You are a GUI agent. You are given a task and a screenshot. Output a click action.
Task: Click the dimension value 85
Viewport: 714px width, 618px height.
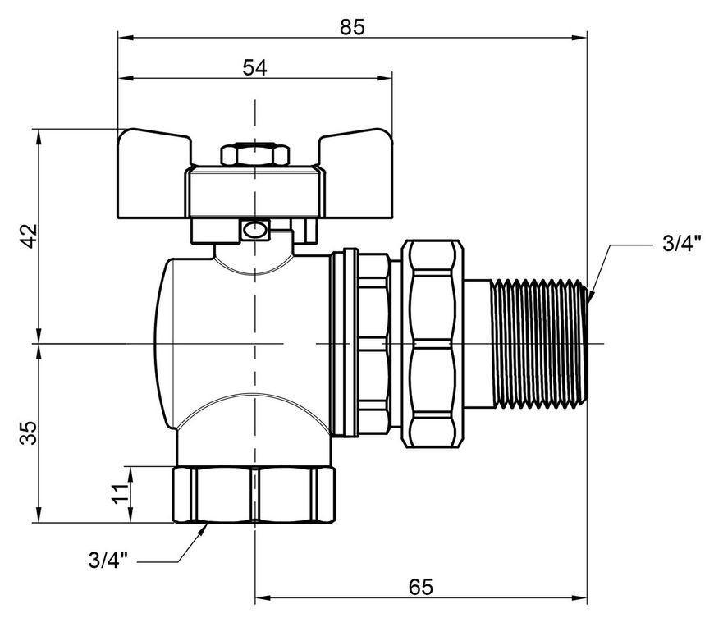point(352,27)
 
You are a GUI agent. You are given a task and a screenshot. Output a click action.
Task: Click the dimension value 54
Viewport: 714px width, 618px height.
point(254,68)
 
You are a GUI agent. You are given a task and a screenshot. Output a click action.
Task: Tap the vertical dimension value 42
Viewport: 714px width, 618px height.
point(29,236)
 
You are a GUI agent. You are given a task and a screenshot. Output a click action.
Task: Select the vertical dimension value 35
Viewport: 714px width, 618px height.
point(29,433)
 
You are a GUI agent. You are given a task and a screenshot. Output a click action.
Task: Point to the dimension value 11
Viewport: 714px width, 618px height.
point(121,493)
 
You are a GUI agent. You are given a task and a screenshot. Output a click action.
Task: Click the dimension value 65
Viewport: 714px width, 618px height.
point(420,587)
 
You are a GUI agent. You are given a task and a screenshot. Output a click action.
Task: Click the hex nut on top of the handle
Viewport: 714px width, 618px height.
point(255,155)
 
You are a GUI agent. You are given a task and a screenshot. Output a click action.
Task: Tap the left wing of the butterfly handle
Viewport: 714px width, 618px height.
point(153,173)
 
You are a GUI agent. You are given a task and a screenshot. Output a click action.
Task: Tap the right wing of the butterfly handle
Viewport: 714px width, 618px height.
point(355,173)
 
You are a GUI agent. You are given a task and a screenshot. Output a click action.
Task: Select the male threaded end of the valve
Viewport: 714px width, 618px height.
point(538,343)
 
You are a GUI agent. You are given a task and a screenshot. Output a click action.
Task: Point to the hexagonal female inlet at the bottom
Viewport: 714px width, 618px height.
point(254,495)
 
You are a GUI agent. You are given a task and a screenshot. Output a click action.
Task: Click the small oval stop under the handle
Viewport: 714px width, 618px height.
point(254,230)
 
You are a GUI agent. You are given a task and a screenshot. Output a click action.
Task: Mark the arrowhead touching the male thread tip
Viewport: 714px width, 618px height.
point(592,295)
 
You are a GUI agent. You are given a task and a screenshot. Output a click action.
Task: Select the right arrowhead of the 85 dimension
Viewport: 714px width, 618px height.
point(579,38)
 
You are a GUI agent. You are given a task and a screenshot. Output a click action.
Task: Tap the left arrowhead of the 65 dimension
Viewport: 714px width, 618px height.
point(263,597)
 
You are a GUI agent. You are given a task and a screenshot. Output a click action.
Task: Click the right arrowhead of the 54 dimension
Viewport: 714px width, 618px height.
point(385,78)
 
